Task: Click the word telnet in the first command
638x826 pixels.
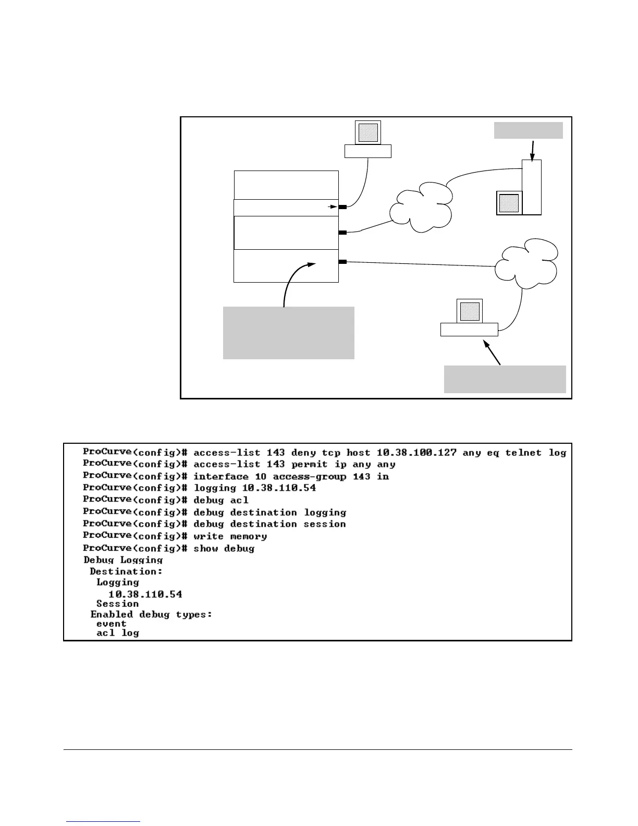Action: coord(523,453)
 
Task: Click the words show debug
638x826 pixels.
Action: coord(224,549)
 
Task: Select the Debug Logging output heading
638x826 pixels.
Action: coord(123,560)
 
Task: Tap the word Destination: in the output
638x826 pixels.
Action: coord(126,572)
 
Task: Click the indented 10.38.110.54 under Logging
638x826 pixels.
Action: coord(145,594)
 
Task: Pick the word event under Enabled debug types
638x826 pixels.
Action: coord(111,624)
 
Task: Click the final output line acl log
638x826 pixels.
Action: coord(118,634)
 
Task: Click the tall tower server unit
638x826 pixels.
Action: coord(532,187)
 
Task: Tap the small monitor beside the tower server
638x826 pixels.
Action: coord(509,203)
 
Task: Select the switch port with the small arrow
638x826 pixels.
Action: coord(342,207)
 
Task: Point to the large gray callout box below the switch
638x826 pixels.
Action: coord(288,333)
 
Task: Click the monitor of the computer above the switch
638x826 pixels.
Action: coord(367,132)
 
